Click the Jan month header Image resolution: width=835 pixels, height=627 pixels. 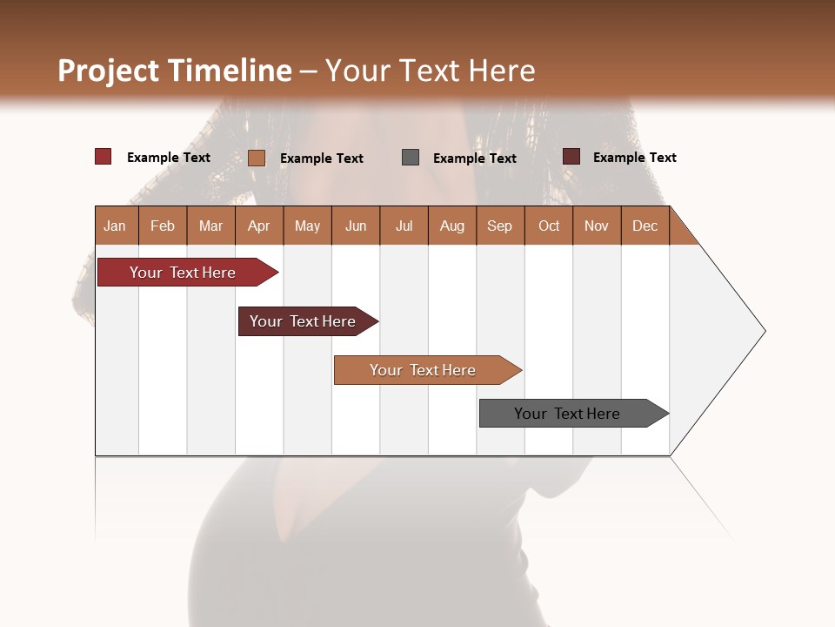116,226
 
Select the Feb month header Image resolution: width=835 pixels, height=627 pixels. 163,226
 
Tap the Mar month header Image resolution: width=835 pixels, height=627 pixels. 210,226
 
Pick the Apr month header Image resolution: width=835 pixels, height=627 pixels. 259,226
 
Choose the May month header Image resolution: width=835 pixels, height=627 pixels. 307,226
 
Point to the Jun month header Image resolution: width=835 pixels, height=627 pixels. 356,226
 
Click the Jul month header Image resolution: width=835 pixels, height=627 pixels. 404,226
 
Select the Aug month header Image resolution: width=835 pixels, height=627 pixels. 452,226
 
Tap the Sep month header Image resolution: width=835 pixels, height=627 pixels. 500,226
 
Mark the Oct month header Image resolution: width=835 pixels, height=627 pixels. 549,226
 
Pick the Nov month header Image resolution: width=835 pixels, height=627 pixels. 597,226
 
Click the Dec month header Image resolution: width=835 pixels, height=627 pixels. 645,226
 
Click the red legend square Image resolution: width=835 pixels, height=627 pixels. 104,157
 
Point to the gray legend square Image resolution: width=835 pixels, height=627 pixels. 411,158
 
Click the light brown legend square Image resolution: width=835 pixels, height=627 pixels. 257,158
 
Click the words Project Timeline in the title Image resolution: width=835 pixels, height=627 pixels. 174,71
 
